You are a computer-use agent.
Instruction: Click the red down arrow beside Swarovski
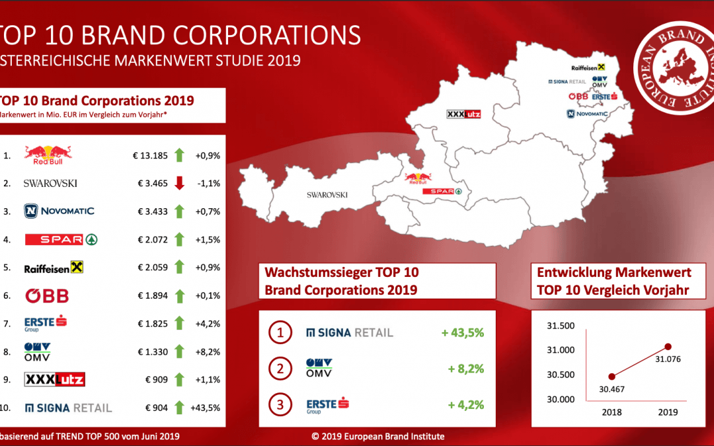178,182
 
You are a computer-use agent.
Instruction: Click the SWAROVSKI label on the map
327,195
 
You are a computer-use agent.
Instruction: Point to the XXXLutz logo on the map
464,114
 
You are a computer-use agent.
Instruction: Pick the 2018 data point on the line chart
612,376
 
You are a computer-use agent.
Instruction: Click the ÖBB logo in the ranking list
47,295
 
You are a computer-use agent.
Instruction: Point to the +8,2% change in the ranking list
207,352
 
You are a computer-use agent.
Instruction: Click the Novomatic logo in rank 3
59,211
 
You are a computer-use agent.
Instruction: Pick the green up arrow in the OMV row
178,352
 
